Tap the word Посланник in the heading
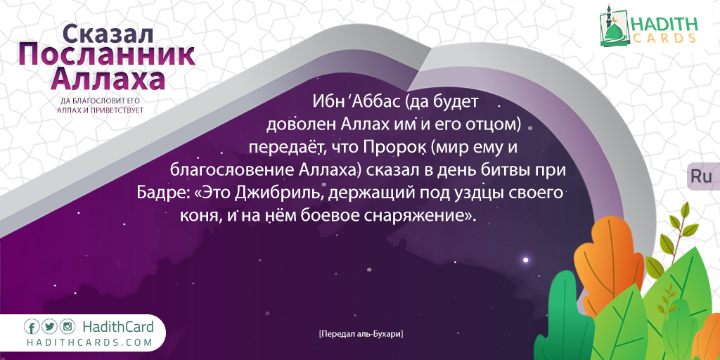[107, 56]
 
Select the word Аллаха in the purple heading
[108, 79]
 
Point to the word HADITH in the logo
[664, 24]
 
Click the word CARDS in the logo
[664, 39]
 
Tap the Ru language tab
[701, 176]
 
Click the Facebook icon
[32, 327]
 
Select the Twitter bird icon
[50, 327]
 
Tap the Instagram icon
[67, 327]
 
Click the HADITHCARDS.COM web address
[89, 342]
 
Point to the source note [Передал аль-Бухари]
[361, 334]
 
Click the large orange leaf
[609, 266]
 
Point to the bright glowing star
[526, 260]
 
